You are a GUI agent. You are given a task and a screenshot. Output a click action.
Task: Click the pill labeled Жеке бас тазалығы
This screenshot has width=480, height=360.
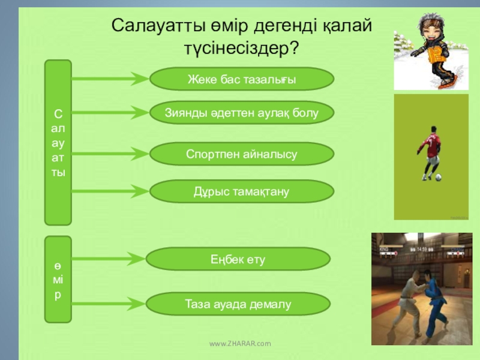coord(241,79)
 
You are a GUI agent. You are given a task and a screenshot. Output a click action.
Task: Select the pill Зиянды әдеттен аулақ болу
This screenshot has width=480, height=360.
coord(241,112)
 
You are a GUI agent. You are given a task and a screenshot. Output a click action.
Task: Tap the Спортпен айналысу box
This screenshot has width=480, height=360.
coord(241,154)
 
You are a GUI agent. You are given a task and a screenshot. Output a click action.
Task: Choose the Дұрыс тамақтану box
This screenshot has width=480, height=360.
coord(241,191)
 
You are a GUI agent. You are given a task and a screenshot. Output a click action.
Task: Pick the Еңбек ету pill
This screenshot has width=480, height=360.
coord(238,259)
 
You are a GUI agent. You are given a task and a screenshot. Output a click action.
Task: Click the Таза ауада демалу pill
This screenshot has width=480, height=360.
coord(238,304)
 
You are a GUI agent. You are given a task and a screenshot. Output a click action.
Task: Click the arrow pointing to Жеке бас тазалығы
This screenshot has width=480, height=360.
coord(110,78)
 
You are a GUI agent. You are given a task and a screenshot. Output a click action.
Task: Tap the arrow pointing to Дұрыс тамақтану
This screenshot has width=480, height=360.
coord(110,191)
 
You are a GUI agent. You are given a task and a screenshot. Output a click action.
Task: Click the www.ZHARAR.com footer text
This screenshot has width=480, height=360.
coord(240,343)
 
